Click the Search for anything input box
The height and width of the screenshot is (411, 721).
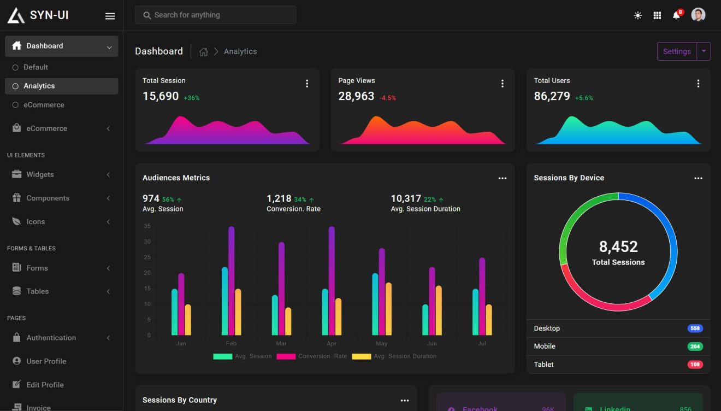pos(215,15)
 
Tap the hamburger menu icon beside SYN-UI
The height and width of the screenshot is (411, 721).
pos(110,16)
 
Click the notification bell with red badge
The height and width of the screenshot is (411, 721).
pos(676,15)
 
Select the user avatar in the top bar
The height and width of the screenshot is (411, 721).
pos(698,15)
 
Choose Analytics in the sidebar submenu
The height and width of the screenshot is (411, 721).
pos(39,86)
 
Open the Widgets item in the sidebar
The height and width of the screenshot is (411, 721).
pos(40,174)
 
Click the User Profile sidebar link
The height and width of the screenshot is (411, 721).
pos(46,361)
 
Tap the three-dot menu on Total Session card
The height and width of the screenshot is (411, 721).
pos(307,84)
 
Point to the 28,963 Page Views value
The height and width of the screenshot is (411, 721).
pos(356,96)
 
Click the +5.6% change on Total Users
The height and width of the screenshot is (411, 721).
pos(583,98)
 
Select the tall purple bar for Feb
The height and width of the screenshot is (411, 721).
pos(231,280)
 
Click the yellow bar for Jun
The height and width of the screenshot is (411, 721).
pos(439,310)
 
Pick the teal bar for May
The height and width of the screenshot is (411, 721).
pos(375,304)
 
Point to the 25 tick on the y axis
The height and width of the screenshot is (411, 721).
pos(147,257)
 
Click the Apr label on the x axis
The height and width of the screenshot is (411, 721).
pos(332,344)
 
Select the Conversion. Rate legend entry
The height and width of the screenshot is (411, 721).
pos(312,356)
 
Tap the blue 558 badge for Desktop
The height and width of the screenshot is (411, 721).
pos(695,328)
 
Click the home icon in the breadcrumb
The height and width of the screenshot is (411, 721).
pos(204,52)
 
